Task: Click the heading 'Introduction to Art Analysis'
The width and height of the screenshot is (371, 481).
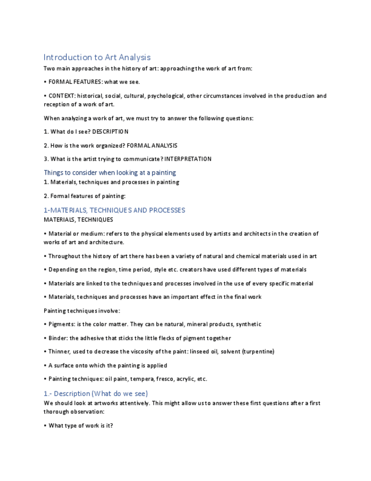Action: tap(97, 57)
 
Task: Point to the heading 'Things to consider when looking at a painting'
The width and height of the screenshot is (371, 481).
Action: tap(110, 172)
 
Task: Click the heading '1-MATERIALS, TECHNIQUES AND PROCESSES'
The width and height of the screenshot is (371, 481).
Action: tap(114, 210)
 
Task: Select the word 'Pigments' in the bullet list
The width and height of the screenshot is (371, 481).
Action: tap(62, 324)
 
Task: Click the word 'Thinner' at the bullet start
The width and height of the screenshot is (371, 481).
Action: tap(59, 352)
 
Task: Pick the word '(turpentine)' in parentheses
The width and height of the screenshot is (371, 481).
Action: tap(258, 352)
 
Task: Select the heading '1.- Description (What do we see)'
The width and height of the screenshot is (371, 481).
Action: tap(96, 394)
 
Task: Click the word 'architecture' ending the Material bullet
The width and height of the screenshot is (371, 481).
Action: tap(107, 242)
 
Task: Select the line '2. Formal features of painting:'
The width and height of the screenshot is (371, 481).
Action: tap(84, 196)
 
